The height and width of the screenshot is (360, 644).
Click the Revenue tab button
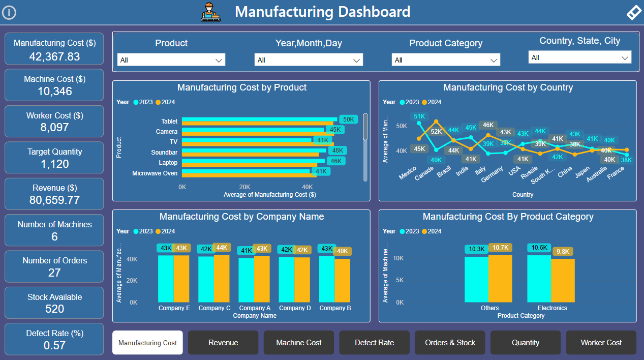(x=223, y=343)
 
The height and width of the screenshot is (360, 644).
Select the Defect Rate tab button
(x=375, y=343)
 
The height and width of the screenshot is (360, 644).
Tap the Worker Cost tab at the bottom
(x=601, y=343)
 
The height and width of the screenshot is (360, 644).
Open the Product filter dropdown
(x=171, y=60)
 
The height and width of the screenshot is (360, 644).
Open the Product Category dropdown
(x=446, y=60)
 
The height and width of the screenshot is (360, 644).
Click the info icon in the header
(x=9, y=13)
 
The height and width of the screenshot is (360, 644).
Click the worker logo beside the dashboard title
(x=211, y=12)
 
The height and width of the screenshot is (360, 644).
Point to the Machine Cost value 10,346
(x=54, y=92)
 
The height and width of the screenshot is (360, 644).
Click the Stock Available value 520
(x=54, y=309)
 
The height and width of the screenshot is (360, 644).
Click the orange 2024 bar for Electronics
(x=563, y=280)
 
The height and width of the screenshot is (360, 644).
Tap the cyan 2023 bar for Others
(x=476, y=279)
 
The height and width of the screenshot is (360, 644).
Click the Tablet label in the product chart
(x=169, y=122)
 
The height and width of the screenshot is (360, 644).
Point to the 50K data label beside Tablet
(x=348, y=119)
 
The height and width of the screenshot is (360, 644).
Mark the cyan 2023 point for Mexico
(x=419, y=123)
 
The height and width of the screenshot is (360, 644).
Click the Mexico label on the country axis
(x=408, y=172)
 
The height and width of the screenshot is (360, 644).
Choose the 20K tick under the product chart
(x=245, y=187)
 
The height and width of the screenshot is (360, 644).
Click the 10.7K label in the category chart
(x=500, y=248)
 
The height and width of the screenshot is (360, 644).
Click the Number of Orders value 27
(x=54, y=273)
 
